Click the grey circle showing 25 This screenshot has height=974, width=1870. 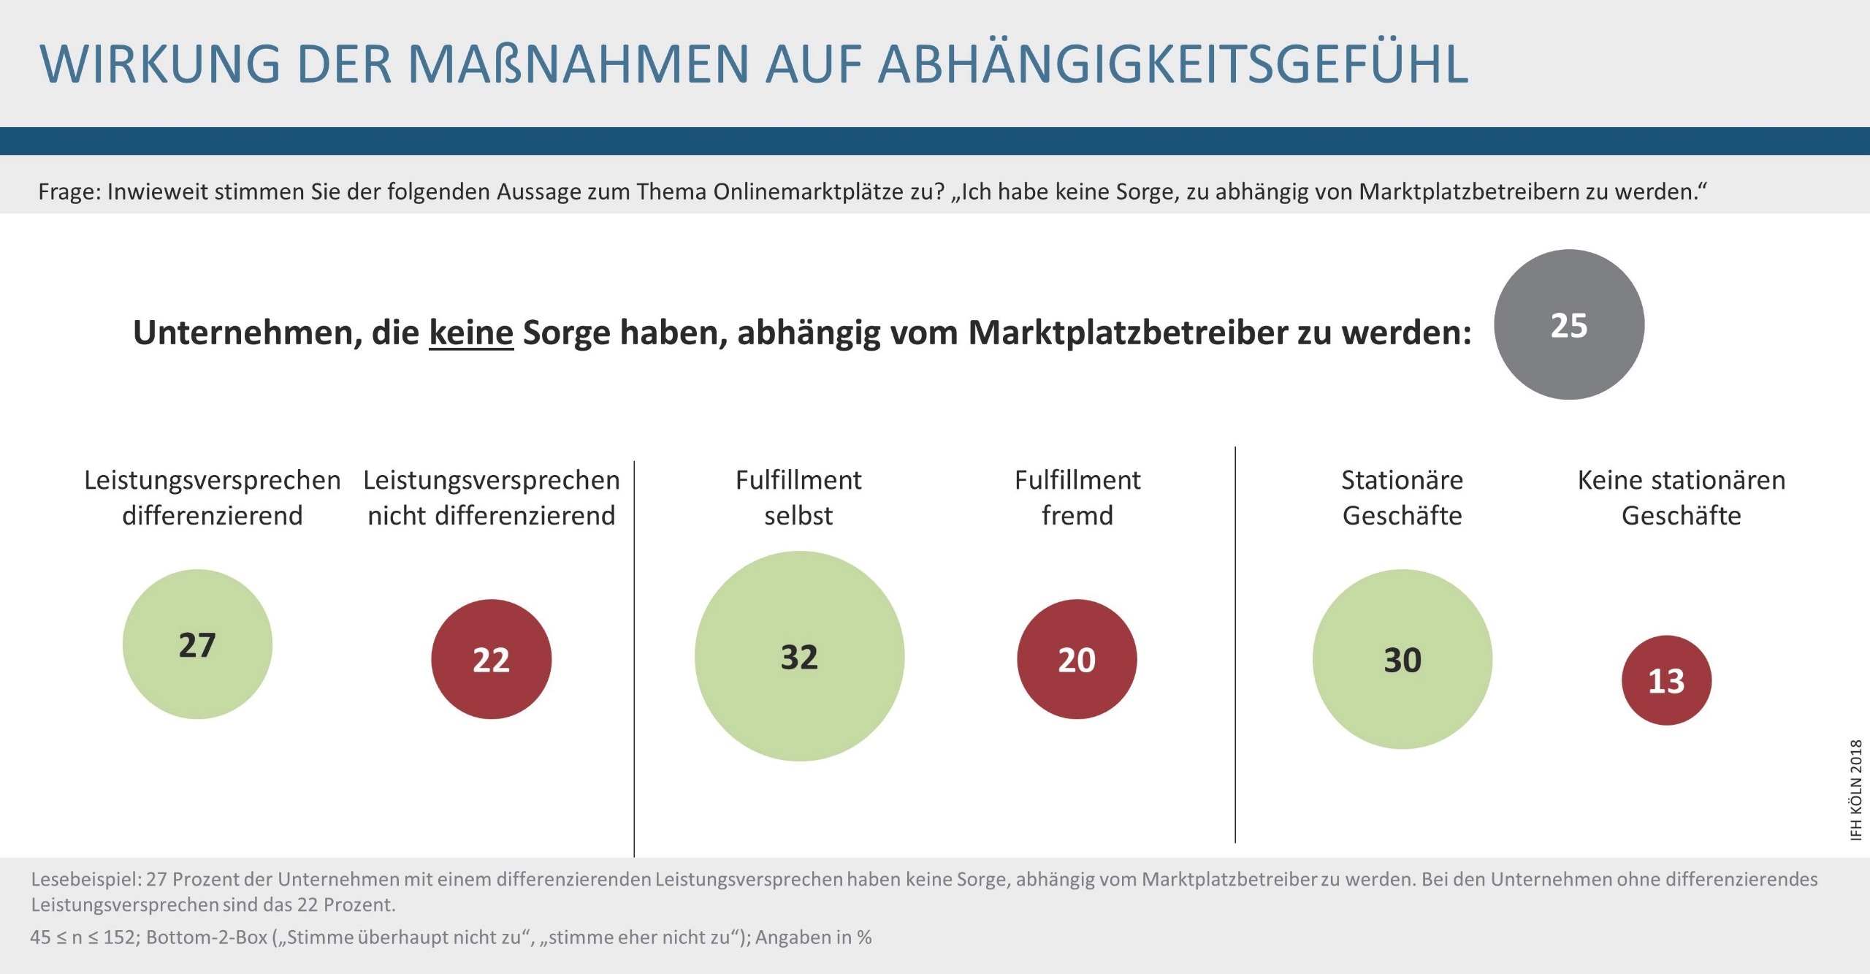tap(1569, 325)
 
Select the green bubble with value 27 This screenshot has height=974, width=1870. tap(197, 644)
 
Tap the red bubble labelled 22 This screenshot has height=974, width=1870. tap(491, 659)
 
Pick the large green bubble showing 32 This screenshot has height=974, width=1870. tap(799, 656)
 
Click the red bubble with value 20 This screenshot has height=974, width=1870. tap(1077, 659)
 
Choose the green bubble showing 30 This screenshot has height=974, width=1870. tap(1402, 659)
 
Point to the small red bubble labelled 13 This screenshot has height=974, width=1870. tap(1666, 680)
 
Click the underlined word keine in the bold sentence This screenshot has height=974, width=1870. tap(471, 332)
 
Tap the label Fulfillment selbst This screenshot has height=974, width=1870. tap(798, 498)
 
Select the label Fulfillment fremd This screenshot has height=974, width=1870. tap(1077, 498)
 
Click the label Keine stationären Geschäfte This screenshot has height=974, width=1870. tap(1682, 498)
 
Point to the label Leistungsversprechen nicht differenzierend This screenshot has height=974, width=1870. tap(492, 498)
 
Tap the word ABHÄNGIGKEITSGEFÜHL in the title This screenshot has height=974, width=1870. tap(1173, 64)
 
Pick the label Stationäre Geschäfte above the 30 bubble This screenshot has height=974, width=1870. tap(1402, 498)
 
